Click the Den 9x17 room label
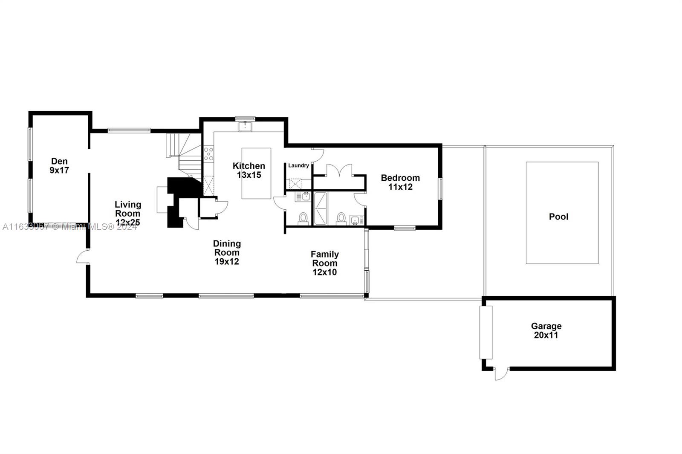click(59, 166)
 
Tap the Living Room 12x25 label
click(127, 213)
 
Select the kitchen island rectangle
click(256, 173)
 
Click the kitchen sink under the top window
click(245, 127)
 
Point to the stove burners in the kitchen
click(208, 153)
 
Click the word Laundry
click(298, 165)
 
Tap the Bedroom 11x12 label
click(400, 182)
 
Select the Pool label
click(558, 217)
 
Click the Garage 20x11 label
click(546, 330)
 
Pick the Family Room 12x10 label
click(324, 263)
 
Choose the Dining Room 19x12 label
click(227, 252)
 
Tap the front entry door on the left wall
click(83, 257)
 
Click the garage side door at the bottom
click(501, 374)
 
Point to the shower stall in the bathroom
click(321, 208)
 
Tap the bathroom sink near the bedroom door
click(355, 220)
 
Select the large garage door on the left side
click(486, 332)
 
